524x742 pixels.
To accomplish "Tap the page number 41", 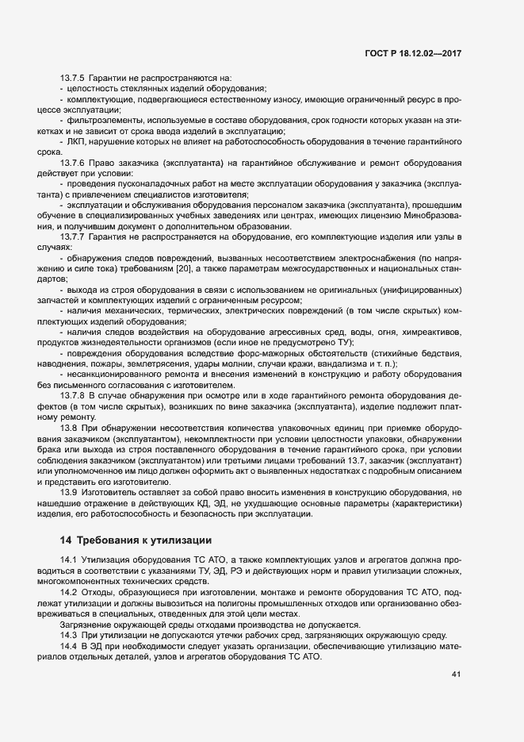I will (x=456, y=675).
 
